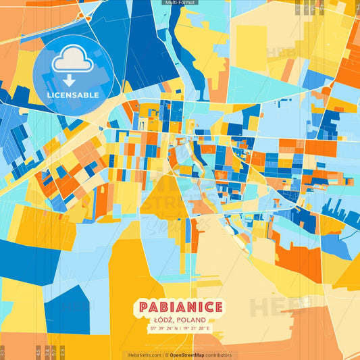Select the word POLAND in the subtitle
[x=192, y=320]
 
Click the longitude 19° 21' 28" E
[x=197, y=329]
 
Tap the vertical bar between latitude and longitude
[x=180, y=329]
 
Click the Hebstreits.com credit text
[x=145, y=355]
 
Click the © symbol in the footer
[x=166, y=355]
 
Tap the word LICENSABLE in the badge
[x=73, y=95]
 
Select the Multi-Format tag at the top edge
[x=180, y=3]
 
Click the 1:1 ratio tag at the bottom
[x=3, y=352]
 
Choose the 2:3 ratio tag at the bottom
[x=62, y=352]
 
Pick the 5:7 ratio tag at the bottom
[x=54, y=352]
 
